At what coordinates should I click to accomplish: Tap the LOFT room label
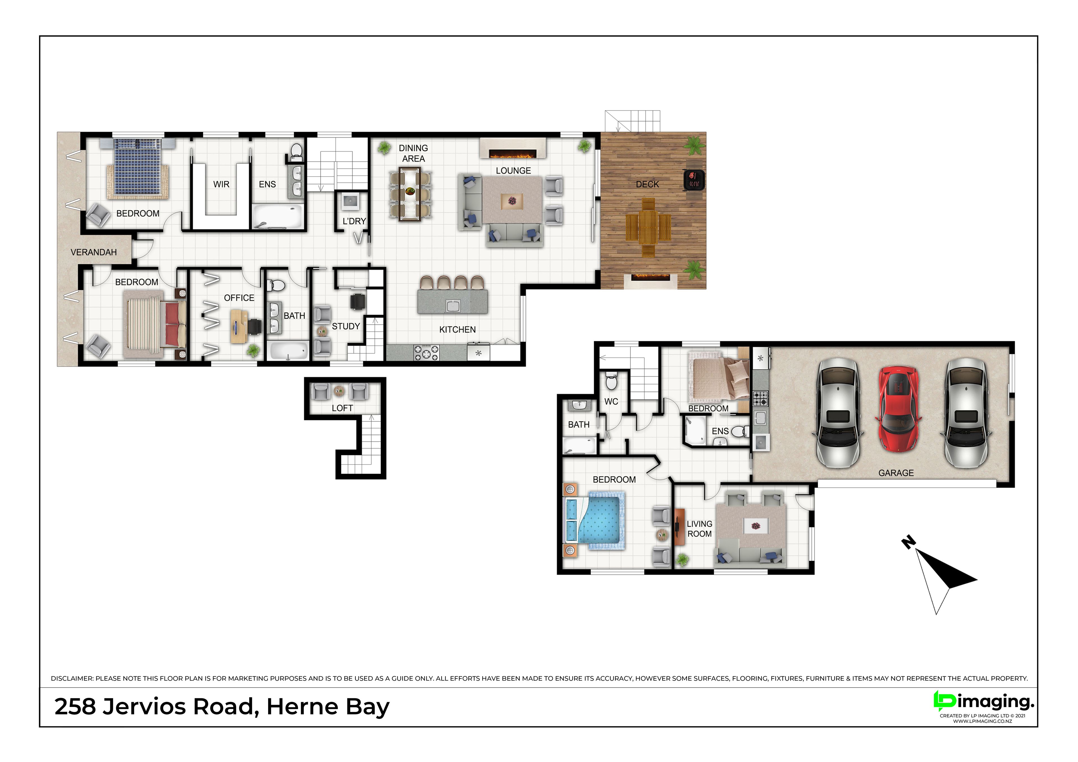(342, 408)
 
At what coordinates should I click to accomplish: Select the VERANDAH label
(93, 252)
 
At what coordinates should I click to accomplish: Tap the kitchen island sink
(453, 306)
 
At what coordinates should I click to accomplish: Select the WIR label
(221, 184)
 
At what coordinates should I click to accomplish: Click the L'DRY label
(354, 221)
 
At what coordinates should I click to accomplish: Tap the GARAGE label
(896, 473)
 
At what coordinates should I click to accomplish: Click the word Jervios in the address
(144, 707)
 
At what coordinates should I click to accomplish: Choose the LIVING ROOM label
(700, 529)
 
